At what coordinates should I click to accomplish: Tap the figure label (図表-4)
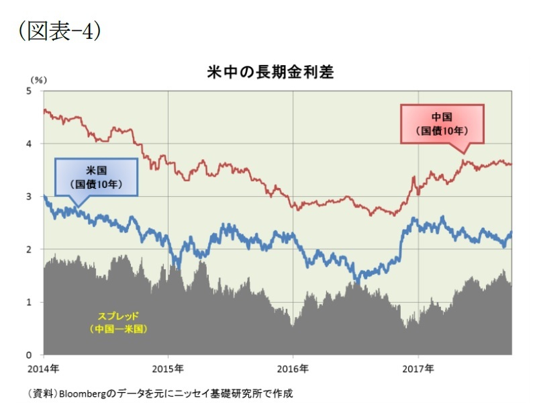[60, 30]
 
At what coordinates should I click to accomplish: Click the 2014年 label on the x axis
[44, 369]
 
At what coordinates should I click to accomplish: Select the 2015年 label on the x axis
[168, 369]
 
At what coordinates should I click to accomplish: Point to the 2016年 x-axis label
[293, 369]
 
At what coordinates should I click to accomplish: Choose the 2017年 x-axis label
[419, 369]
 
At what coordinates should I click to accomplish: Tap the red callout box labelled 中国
[442, 124]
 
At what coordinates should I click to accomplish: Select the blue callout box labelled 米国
[95, 177]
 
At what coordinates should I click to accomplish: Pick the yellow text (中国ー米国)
[118, 329]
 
